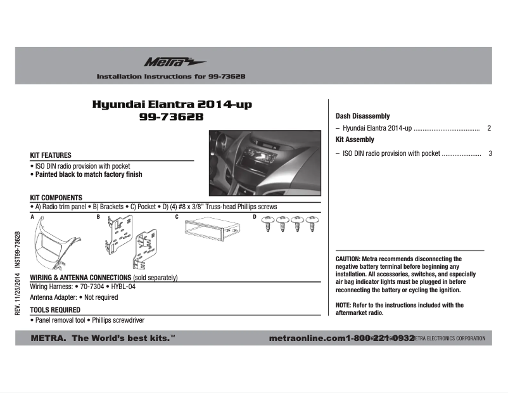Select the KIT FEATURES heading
pyautogui.click(x=51, y=155)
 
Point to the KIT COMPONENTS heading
pyautogui.click(x=56, y=198)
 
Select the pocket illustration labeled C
pyautogui.click(x=212, y=230)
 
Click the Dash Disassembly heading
pyautogui.click(x=362, y=117)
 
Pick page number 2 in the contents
pyautogui.click(x=490, y=128)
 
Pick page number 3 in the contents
pyautogui.click(x=490, y=153)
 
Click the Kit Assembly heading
pyautogui.click(x=355, y=139)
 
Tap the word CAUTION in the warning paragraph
pyautogui.click(x=348, y=259)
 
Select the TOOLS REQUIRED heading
pyautogui.click(x=55, y=310)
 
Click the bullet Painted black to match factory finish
pyautogui.click(x=88, y=174)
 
